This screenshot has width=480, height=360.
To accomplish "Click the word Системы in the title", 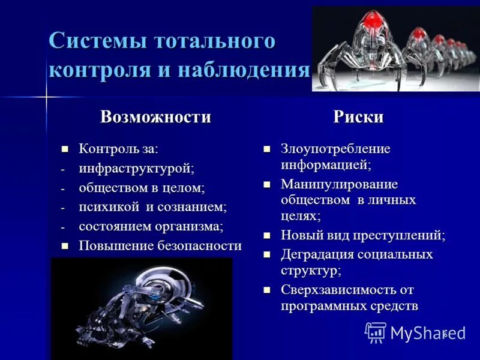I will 97,42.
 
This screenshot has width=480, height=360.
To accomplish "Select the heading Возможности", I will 156,116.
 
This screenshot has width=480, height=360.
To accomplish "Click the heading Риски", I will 358,116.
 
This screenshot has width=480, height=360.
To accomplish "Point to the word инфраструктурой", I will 137,169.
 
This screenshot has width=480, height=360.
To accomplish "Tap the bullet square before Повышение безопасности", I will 66,246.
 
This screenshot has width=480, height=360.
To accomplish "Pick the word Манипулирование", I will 339,184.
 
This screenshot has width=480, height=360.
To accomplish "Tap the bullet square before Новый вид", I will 268,236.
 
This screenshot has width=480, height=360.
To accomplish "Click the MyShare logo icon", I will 376,332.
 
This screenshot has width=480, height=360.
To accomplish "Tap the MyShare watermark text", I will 427,333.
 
